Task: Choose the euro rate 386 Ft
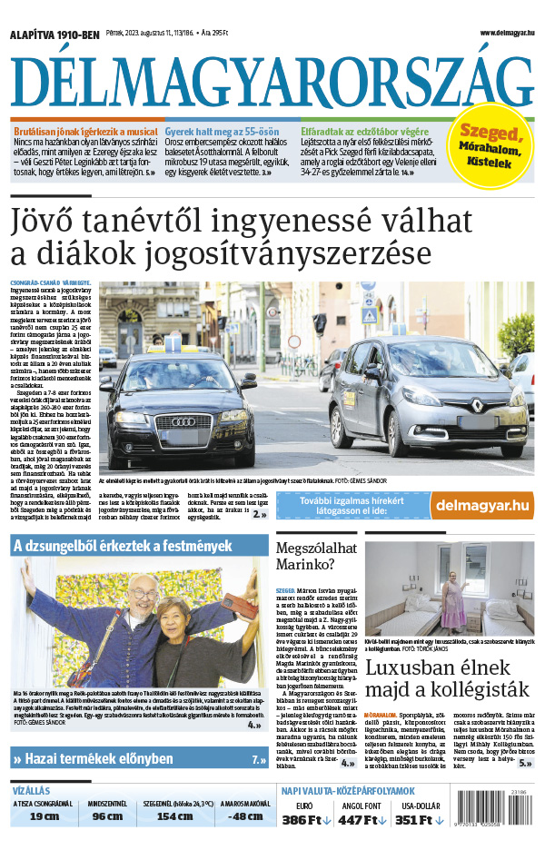[x=306, y=820]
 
